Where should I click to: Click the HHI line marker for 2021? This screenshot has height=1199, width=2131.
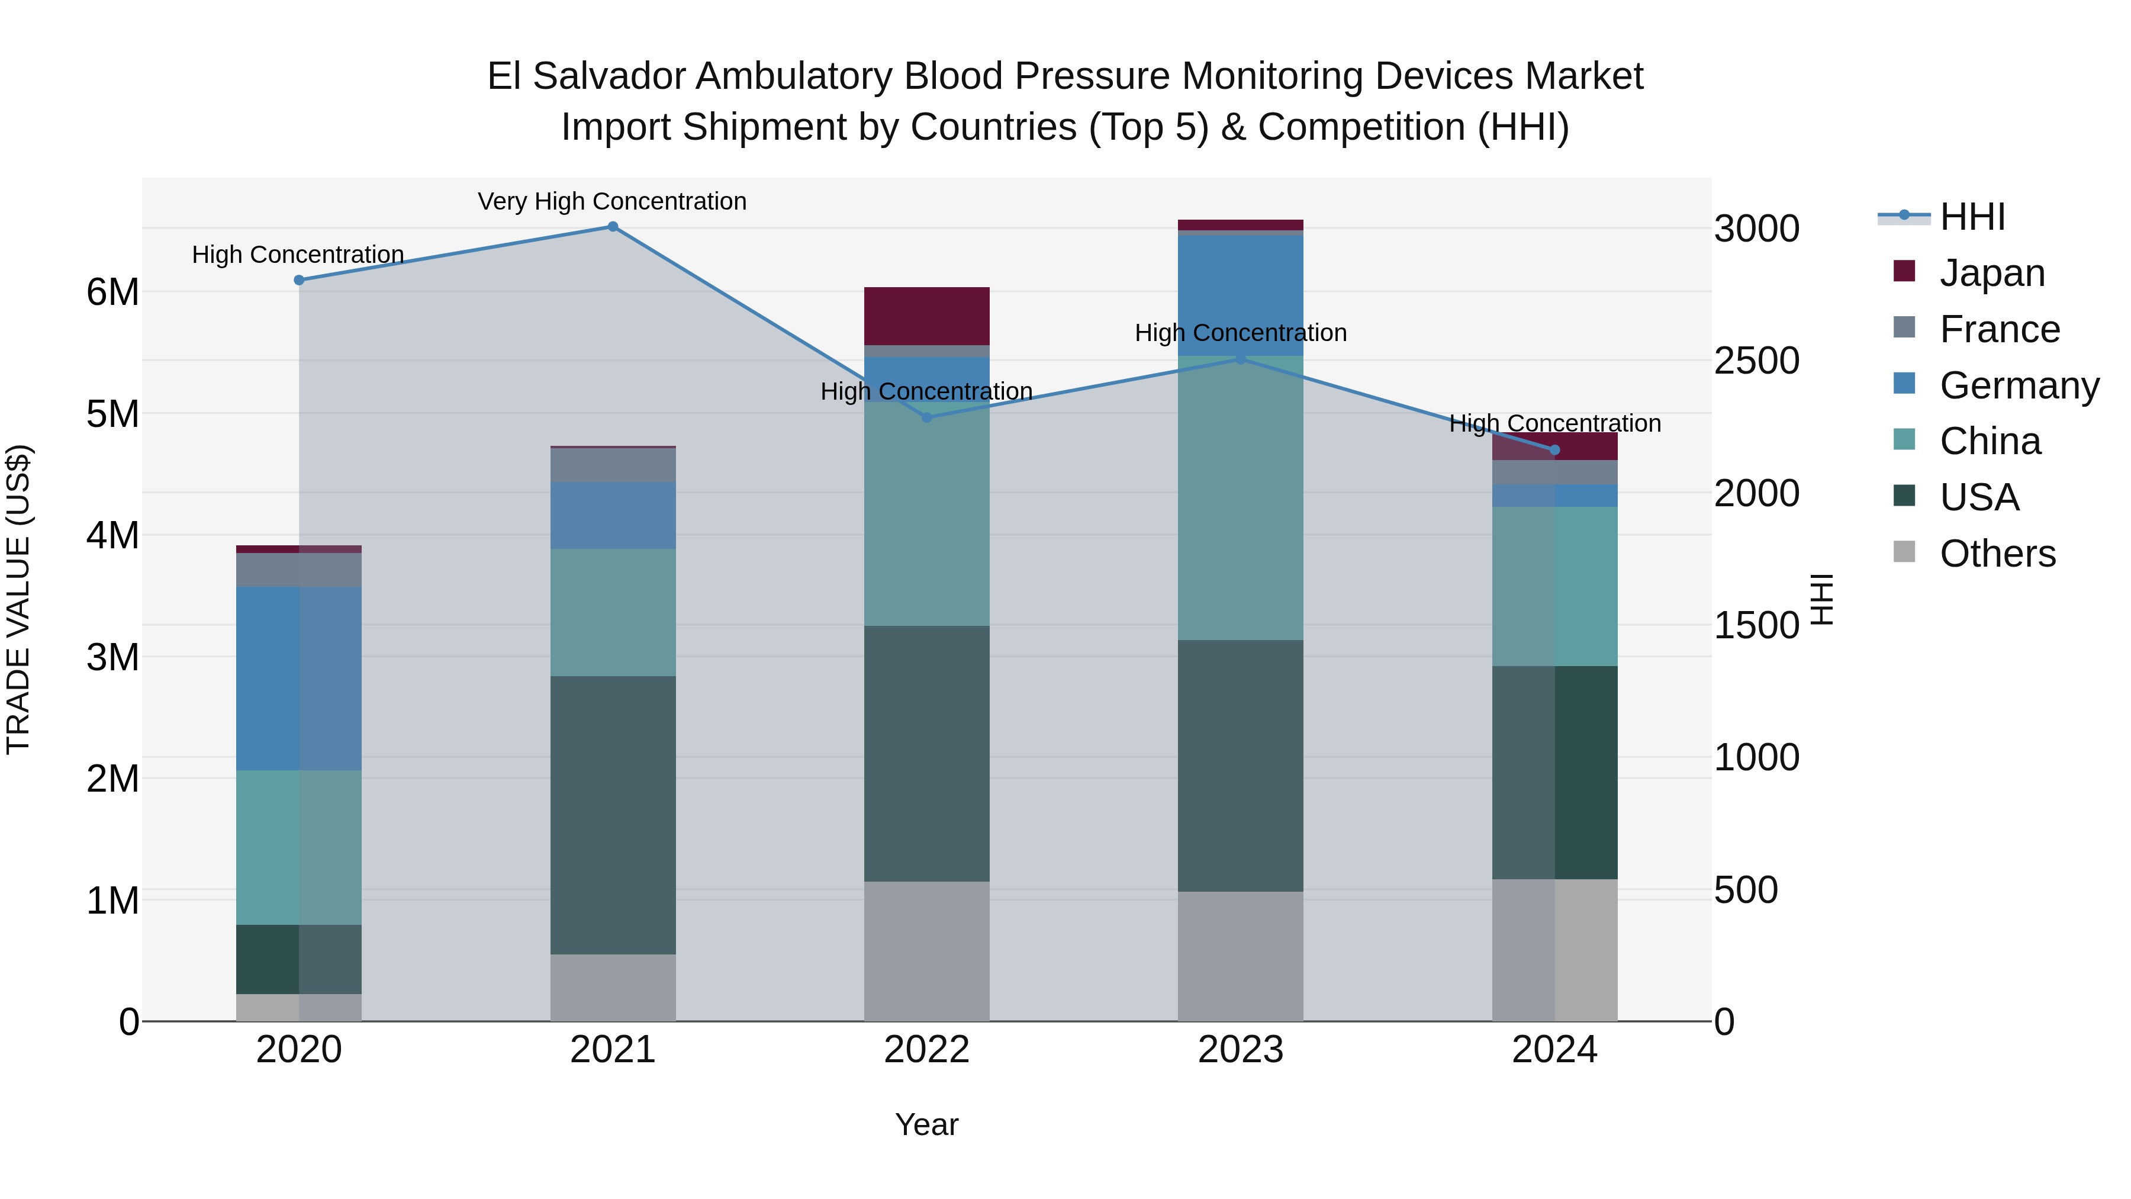tap(613, 227)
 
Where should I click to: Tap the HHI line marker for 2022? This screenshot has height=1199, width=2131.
tap(926, 417)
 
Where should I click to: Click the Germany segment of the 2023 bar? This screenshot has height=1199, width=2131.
tap(1240, 295)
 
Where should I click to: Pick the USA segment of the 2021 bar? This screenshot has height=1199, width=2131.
tap(613, 815)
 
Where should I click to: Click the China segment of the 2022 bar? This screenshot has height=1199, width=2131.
tap(926, 513)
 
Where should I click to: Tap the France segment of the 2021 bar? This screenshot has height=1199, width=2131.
tap(613, 465)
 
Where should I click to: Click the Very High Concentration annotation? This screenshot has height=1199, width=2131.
tap(612, 201)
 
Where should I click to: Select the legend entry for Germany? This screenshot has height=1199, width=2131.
tap(2019, 385)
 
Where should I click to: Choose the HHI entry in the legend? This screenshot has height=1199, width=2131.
tap(1972, 217)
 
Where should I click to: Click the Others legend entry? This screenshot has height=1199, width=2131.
tap(1997, 554)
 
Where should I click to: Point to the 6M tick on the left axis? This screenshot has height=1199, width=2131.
tap(112, 292)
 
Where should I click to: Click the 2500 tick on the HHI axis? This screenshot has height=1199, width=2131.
tap(1756, 361)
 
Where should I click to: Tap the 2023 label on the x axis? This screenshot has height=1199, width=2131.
tap(1240, 1050)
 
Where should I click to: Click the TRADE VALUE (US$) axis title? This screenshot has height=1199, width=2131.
tap(19, 599)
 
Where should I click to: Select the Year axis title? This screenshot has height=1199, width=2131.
tap(926, 1124)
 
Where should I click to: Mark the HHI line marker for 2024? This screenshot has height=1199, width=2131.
tap(1554, 450)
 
